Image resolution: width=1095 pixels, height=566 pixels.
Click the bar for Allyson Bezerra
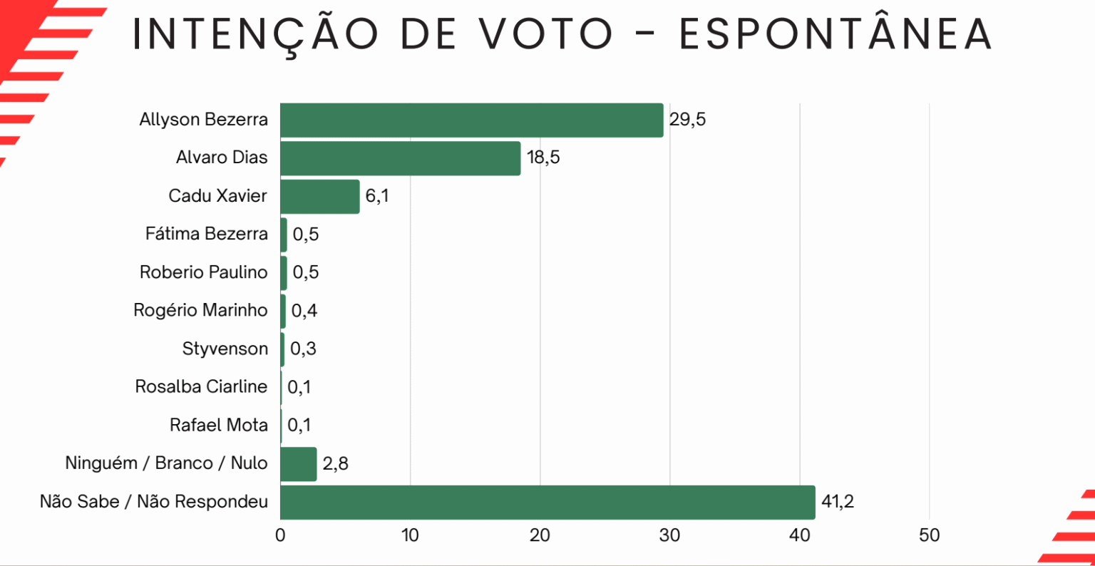click(471, 120)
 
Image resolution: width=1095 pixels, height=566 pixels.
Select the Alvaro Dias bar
click(399, 158)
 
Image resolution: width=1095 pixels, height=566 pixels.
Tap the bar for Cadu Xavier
click(319, 196)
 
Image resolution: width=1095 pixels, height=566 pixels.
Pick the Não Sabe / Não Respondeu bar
click(547, 502)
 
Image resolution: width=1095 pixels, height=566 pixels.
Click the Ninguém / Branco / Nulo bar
click(298, 464)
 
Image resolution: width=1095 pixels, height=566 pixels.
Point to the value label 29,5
click(687, 120)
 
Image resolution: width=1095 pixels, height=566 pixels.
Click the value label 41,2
click(837, 502)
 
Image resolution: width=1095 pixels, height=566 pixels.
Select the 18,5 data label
click(543, 158)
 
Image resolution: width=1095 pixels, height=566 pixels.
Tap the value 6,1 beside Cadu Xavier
click(377, 196)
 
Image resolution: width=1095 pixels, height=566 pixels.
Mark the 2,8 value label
click(335, 464)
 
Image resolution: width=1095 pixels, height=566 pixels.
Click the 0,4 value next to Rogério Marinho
click(304, 311)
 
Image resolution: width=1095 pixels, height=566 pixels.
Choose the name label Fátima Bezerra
click(206, 234)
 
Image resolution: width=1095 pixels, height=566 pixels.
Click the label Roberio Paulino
click(203, 272)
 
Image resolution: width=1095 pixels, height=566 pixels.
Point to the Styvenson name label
click(225, 349)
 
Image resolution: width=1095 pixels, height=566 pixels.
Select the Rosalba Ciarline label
click(201, 386)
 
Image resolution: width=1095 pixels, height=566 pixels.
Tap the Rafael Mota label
click(218, 425)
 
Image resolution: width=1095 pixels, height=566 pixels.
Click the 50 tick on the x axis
click(929, 535)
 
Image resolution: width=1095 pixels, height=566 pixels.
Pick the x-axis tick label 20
click(540, 535)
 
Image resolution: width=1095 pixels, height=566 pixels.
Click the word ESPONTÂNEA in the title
click(835, 34)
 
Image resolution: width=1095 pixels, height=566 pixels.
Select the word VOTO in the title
click(546, 34)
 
